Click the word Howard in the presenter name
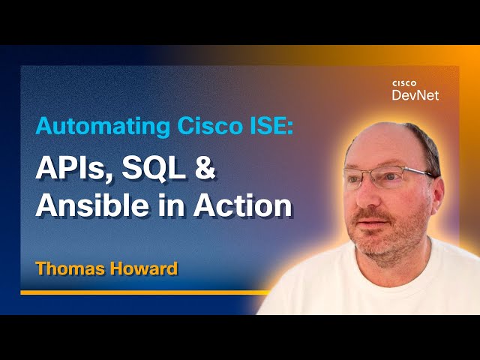(x=143, y=268)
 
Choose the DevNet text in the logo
(x=415, y=95)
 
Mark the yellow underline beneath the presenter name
(x=142, y=292)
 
